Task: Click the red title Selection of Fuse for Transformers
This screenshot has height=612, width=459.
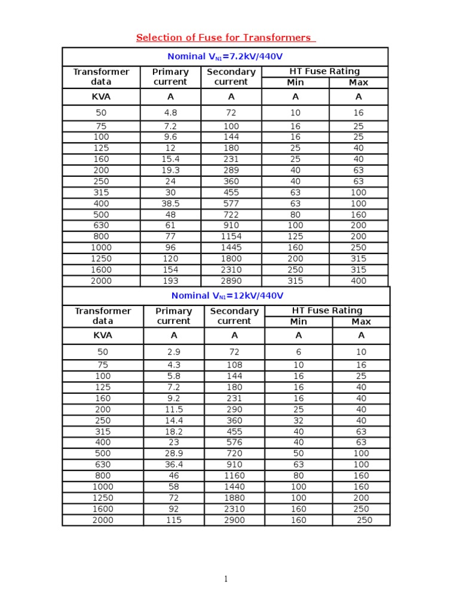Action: [225, 38]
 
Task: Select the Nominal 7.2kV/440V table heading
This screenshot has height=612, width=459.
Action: [225, 57]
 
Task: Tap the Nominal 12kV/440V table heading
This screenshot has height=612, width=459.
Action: [227, 296]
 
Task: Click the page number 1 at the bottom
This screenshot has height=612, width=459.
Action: [226, 579]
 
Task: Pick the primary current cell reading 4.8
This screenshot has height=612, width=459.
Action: [170, 112]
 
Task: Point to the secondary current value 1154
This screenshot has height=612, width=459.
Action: [231, 237]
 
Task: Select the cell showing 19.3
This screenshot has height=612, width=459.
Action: [170, 170]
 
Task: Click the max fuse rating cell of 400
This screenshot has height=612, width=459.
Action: [359, 281]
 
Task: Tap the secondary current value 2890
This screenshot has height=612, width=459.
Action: [231, 281]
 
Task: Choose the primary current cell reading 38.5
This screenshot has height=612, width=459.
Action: [170, 203]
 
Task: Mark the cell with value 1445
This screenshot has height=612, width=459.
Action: [231, 247]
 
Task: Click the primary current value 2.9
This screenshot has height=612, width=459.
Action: [173, 352]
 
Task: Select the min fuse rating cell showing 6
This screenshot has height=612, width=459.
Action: [298, 352]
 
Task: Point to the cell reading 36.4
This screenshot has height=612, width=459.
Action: [173, 464]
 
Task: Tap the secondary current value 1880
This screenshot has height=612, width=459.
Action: [234, 498]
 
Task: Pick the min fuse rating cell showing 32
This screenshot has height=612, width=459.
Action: [298, 420]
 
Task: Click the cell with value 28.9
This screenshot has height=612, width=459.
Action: [173, 454]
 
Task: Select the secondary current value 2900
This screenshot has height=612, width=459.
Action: [234, 520]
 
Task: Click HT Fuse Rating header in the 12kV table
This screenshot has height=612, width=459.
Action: [327, 311]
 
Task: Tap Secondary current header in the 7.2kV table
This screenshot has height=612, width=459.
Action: [231, 76]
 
